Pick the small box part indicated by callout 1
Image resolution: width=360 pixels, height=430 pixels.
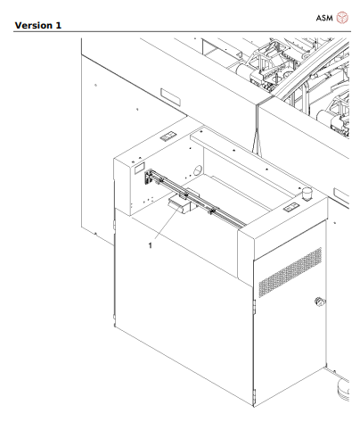tap(177, 208)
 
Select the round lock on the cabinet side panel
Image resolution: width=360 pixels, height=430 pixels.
tap(319, 302)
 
